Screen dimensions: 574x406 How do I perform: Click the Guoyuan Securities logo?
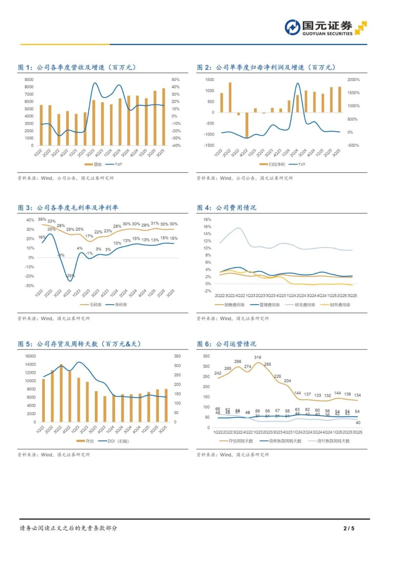[x=325, y=27]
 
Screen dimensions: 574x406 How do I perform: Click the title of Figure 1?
[x=77, y=68]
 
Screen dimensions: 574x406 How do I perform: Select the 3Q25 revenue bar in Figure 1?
[x=164, y=117]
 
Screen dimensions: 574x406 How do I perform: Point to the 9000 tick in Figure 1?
[x=29, y=80]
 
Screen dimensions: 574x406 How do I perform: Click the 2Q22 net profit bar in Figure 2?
[x=230, y=97]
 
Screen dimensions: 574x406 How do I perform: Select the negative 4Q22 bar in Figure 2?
[x=247, y=125]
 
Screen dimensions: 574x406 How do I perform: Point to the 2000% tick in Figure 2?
[x=353, y=80]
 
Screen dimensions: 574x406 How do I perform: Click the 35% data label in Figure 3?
[x=42, y=220]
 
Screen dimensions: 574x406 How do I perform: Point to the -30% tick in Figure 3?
[x=30, y=286]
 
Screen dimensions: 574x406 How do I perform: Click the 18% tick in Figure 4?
[x=207, y=220]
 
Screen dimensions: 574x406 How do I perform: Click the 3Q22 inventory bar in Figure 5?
[x=61, y=393]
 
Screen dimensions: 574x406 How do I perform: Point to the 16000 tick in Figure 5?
[x=30, y=356]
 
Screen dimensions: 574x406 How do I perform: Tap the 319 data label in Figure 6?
[x=258, y=357]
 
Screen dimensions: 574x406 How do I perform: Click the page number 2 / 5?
[x=349, y=528]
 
